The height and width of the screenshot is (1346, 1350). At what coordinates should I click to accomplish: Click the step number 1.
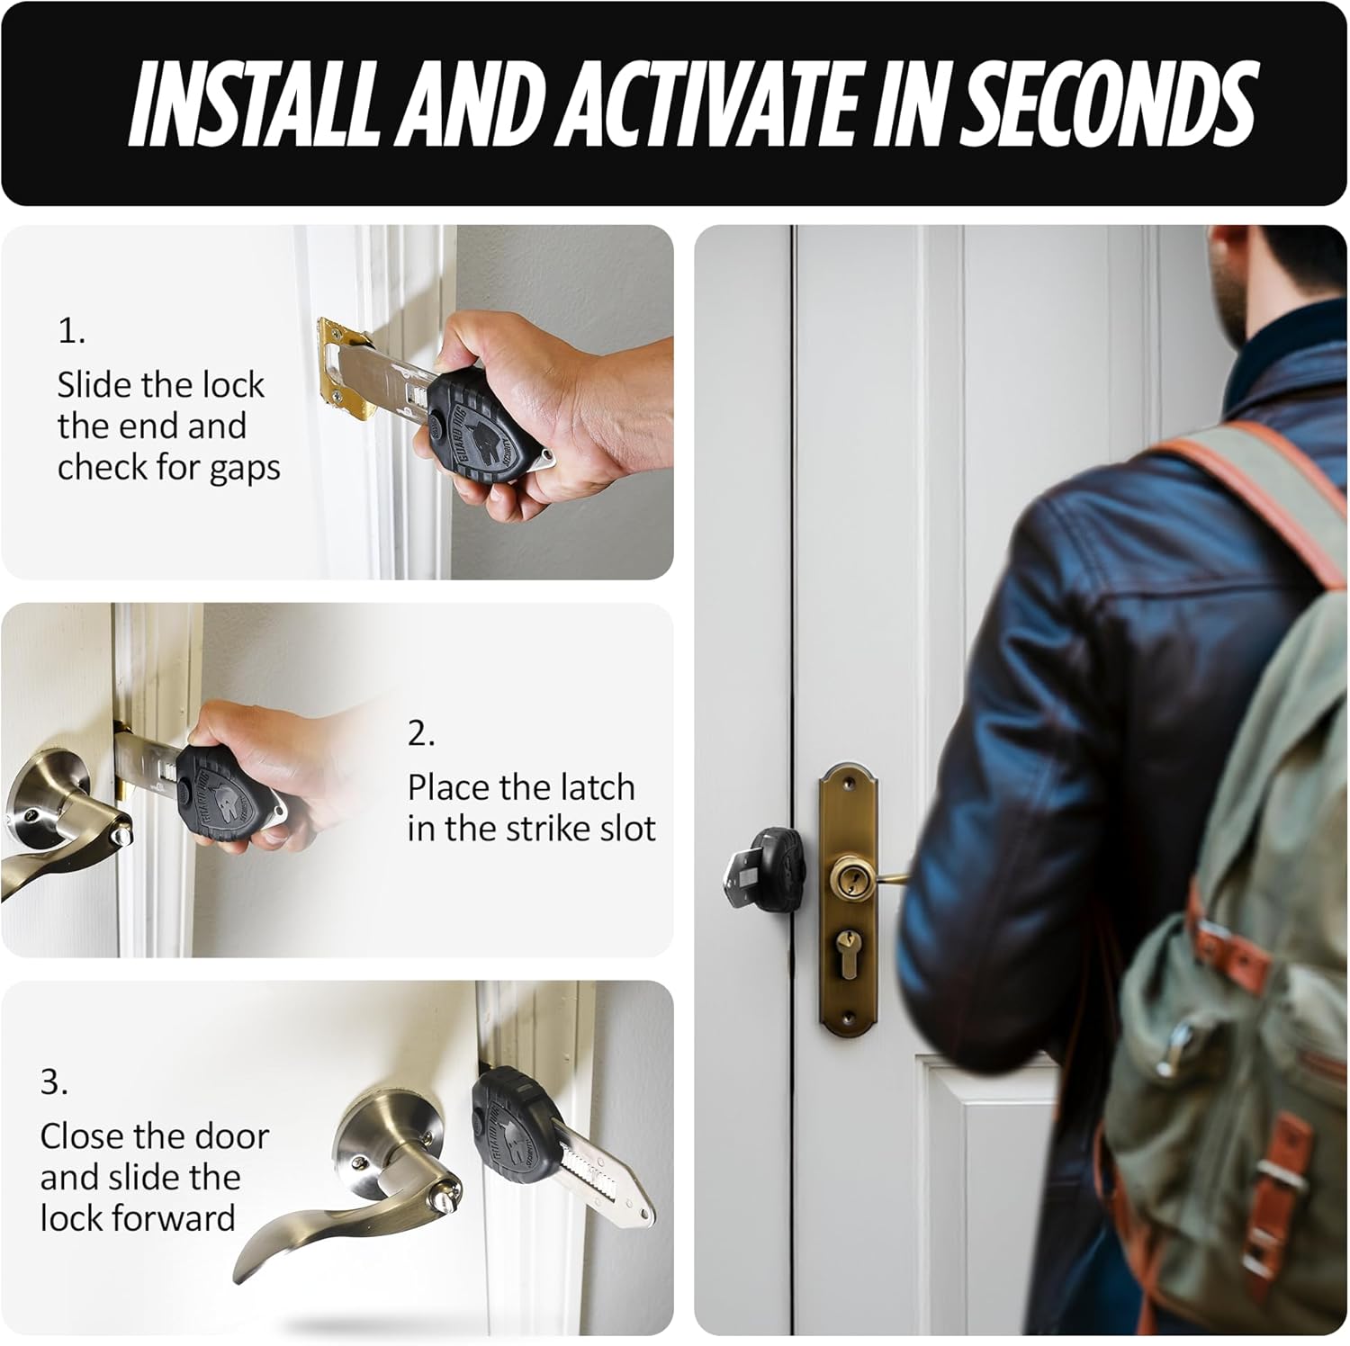[x=71, y=333]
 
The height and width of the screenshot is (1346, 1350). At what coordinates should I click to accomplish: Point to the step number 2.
[x=421, y=735]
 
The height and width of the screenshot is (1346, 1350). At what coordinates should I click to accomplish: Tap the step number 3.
[x=54, y=1083]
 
